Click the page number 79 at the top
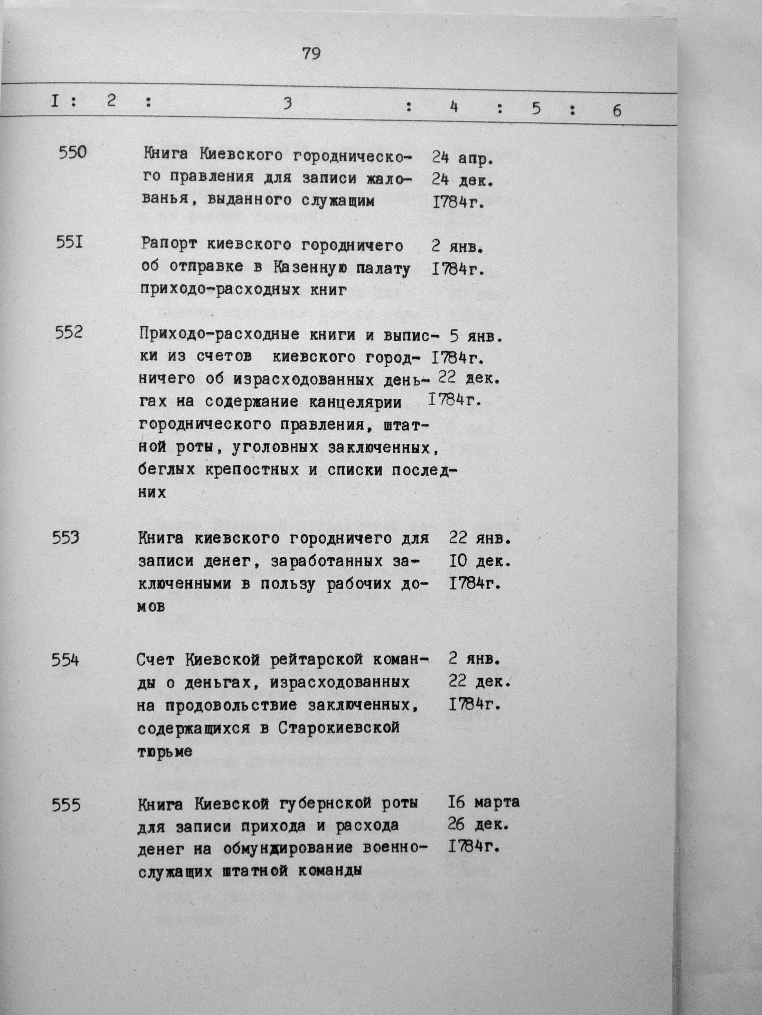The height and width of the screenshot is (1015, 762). [311, 54]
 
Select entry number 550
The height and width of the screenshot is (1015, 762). [73, 152]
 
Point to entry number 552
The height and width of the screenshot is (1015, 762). [69, 332]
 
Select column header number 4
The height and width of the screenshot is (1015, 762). [454, 107]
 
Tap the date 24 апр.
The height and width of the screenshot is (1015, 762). [462, 158]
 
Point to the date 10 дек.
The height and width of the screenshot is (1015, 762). [479, 561]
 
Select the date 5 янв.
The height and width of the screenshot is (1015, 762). [476, 337]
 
